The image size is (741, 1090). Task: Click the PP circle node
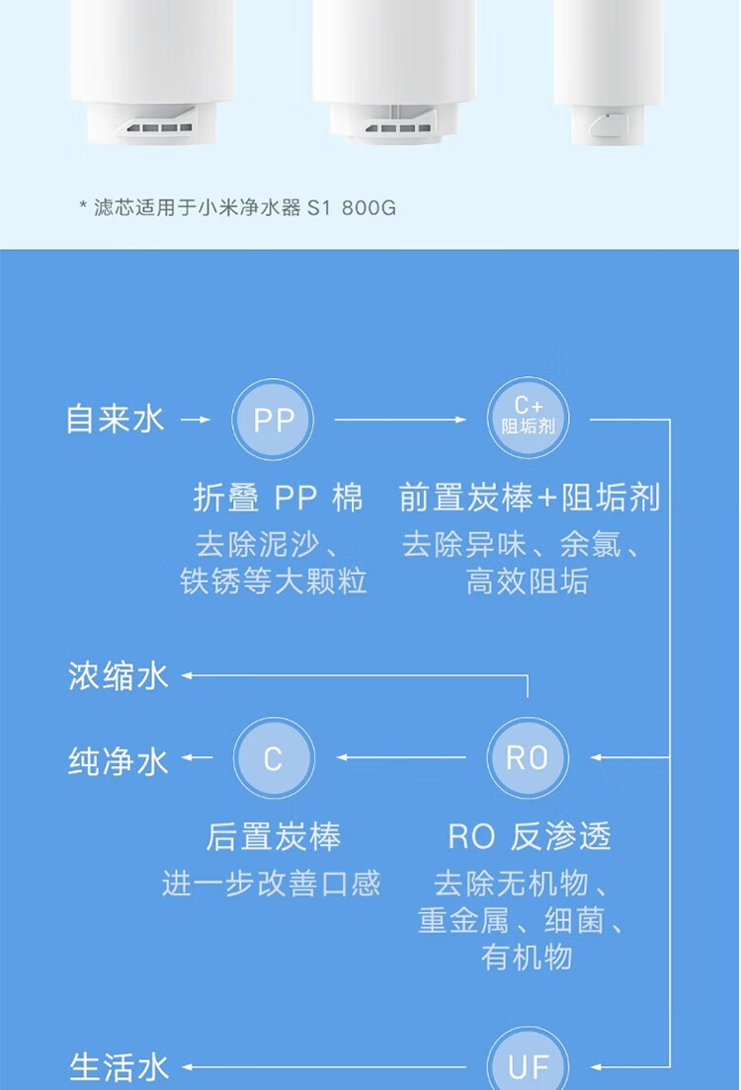click(273, 420)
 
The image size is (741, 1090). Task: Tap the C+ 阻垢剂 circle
click(529, 419)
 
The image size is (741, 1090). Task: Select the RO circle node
click(528, 757)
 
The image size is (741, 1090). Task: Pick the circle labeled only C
click(273, 757)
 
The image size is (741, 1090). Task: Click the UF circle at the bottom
click(528, 1064)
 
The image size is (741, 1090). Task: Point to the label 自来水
click(115, 419)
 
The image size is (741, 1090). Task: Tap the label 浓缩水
click(119, 676)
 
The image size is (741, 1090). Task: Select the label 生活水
click(119, 1067)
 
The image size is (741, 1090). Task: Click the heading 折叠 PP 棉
click(278, 498)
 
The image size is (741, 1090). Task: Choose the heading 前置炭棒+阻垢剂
click(529, 498)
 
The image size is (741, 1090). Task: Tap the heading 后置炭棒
click(273, 837)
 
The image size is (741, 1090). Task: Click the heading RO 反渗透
click(529, 837)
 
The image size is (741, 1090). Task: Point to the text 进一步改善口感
click(271, 883)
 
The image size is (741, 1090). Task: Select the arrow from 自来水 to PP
click(197, 420)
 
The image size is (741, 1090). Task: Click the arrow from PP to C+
click(399, 420)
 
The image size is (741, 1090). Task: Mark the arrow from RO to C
click(400, 757)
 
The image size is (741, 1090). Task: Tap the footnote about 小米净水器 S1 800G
click(237, 208)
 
